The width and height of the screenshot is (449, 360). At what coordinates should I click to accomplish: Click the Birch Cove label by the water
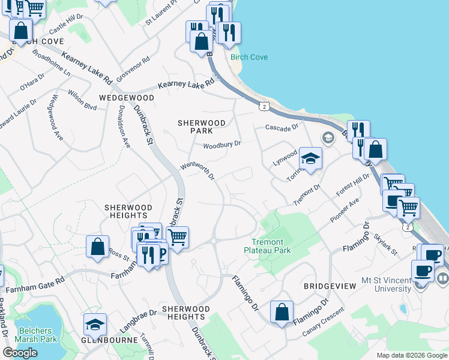pos(249,57)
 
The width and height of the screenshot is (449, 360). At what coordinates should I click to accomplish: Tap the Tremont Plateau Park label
pos(271,246)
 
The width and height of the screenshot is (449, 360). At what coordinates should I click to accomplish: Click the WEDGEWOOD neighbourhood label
pos(127,97)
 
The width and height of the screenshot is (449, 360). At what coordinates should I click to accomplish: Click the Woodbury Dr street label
pos(221,145)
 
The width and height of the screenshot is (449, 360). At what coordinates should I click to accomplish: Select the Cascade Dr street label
pos(282,128)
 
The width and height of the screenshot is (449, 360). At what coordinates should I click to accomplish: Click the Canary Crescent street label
pos(325,320)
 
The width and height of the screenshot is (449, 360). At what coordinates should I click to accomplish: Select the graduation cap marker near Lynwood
pos(310,158)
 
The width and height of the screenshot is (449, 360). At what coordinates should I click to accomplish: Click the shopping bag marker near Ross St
pos(97,246)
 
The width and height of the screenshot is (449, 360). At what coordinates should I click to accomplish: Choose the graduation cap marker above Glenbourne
pos(94,324)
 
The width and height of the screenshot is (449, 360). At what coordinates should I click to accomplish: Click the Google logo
pos(20,353)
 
